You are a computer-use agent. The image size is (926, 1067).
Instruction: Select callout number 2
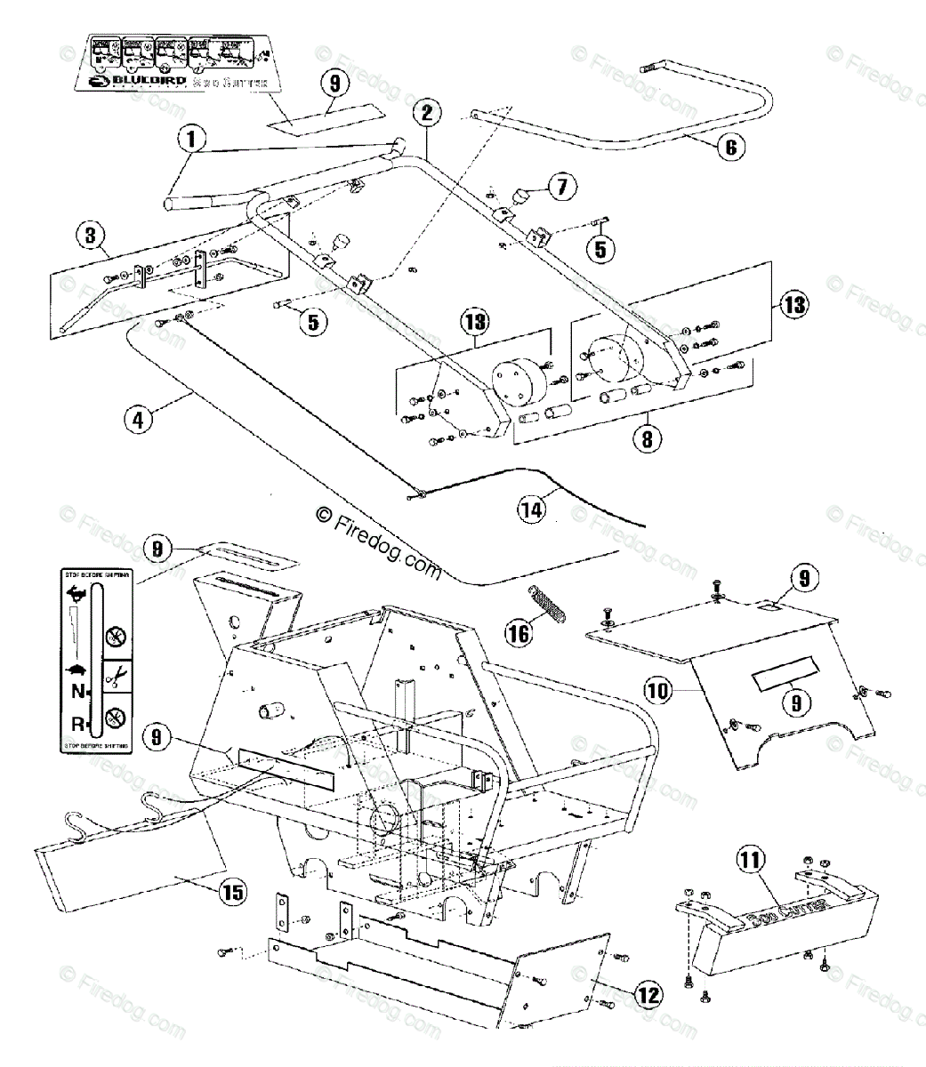coord(427,113)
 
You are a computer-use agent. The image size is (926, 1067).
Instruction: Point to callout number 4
coord(138,419)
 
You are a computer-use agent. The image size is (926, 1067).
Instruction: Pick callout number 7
coord(562,187)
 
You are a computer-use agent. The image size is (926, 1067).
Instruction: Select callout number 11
coord(750,860)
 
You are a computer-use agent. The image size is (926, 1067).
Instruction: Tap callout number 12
coord(650,994)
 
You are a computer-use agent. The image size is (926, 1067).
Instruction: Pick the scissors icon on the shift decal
coord(114,679)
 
